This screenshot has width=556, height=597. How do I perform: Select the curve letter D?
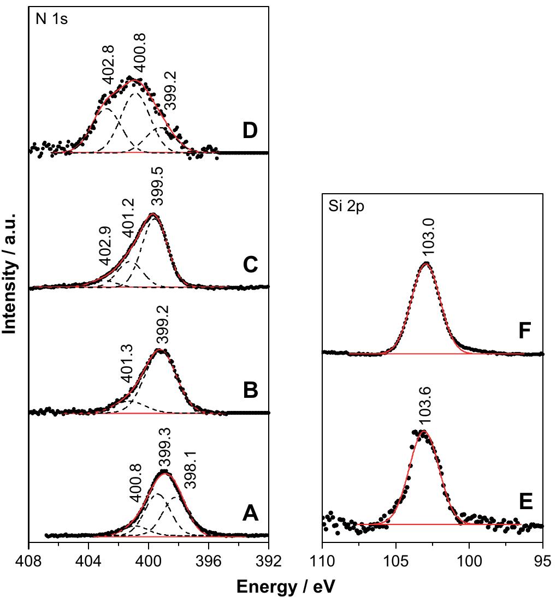251,132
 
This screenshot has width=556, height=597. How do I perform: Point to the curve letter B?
251,390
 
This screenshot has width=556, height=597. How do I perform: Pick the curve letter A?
250,513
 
